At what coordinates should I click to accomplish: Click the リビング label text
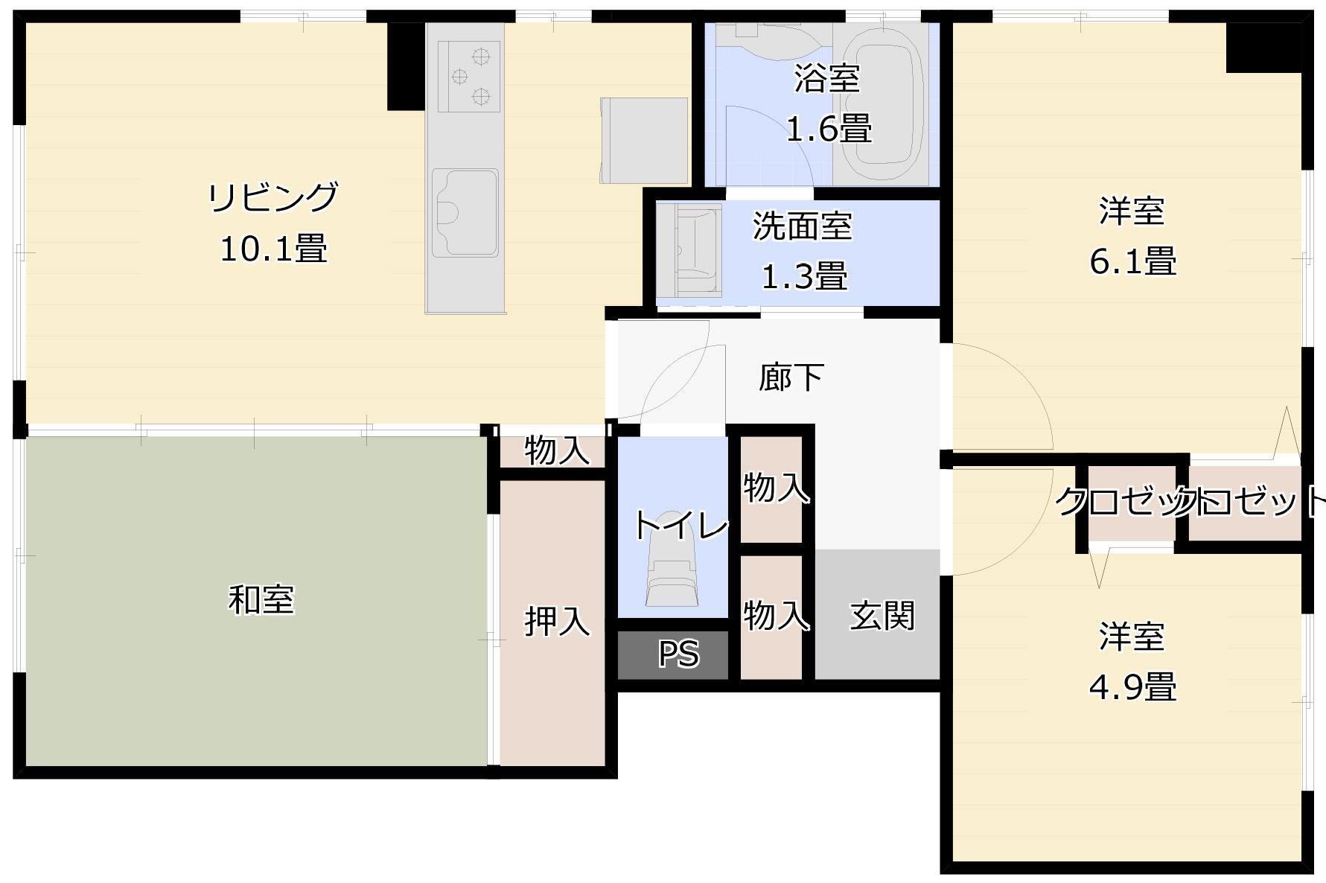[273, 197]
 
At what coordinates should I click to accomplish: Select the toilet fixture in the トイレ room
[671, 566]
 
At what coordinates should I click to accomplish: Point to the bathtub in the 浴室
[887, 104]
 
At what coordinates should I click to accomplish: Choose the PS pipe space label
[678, 654]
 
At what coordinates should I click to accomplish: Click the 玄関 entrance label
[882, 616]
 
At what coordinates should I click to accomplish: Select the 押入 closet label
[557, 621]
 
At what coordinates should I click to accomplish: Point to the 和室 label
[261, 600]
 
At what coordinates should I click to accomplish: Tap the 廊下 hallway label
[791, 377]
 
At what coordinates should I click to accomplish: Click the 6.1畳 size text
[1132, 262]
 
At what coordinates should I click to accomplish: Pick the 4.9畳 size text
[1132, 687]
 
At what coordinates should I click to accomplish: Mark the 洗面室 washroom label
[802, 226]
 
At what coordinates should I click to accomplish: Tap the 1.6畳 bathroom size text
[829, 130]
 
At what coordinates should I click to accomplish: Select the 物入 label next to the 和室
[557, 450]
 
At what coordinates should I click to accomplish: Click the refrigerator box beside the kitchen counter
[644, 140]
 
